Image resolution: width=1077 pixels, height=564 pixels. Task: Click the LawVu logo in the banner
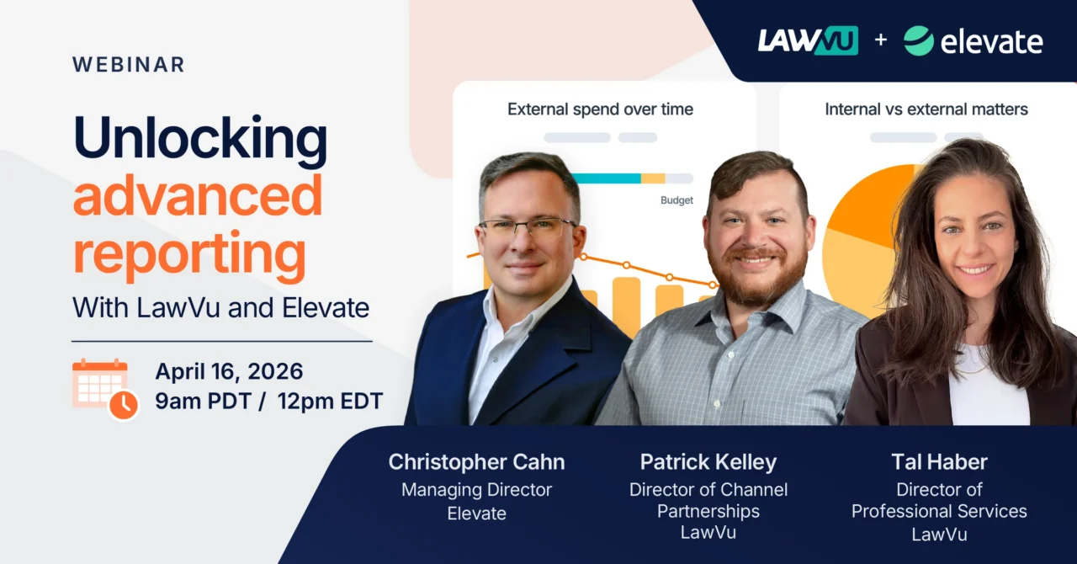[x=807, y=40]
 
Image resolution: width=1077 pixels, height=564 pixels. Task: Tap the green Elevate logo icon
[x=918, y=40]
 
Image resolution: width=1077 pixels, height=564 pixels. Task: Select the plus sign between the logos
[x=880, y=40]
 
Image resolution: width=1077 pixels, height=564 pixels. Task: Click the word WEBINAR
[x=128, y=65]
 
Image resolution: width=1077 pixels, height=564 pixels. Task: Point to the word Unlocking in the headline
[x=199, y=138]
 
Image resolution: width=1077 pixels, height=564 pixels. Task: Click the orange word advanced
[x=198, y=196]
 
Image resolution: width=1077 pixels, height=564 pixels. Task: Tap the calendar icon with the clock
[x=104, y=388]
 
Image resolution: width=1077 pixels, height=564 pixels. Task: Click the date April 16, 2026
[x=229, y=371]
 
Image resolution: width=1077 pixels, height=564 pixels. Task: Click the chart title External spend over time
[x=600, y=109]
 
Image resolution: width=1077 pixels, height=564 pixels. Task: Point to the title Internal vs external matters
[x=926, y=109]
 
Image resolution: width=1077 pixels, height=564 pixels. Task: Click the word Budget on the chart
[x=676, y=200]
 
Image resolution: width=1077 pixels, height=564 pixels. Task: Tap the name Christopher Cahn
[x=476, y=462]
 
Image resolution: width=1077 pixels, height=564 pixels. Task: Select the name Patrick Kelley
[x=708, y=462]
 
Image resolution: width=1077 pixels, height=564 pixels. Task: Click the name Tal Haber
[x=939, y=462]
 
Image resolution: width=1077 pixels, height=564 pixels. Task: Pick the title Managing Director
[x=476, y=490]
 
